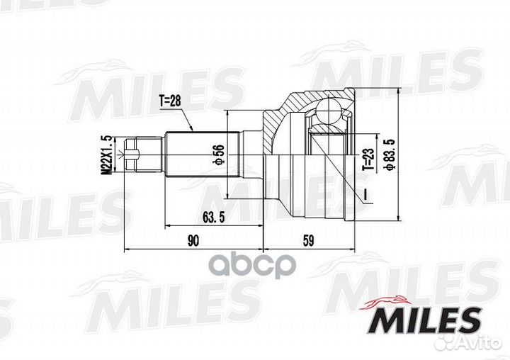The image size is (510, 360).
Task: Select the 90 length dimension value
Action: coord(192,241)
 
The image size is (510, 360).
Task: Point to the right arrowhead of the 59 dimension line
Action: coord(351,249)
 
